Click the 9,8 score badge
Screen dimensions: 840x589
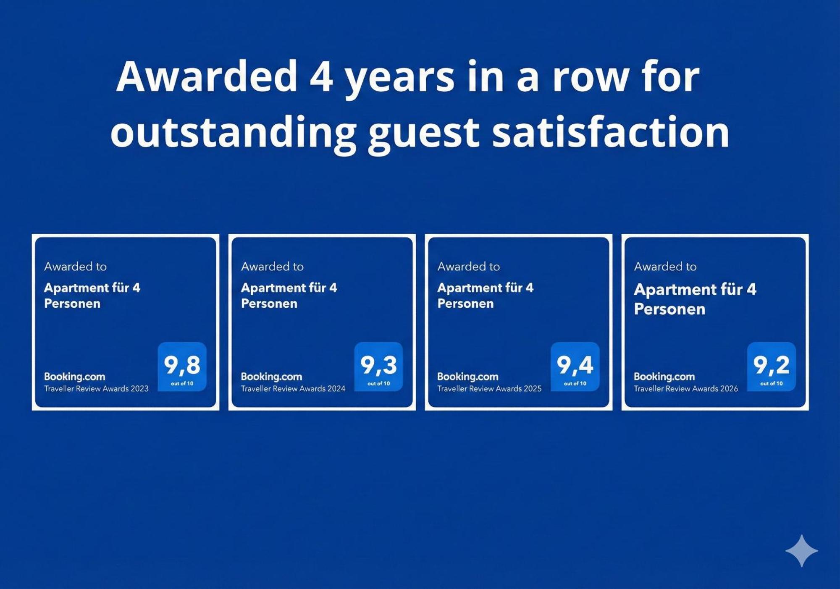point(182,366)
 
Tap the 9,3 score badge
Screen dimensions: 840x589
point(378,366)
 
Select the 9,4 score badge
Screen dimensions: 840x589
point(575,366)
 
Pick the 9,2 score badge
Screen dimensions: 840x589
point(771,366)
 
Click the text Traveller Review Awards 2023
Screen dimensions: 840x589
point(96,389)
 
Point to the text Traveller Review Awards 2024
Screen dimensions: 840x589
point(293,389)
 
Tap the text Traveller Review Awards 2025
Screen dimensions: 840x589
point(489,389)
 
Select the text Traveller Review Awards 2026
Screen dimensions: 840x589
point(686,389)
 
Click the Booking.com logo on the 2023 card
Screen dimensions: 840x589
point(74,377)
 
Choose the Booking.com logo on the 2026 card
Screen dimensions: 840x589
point(664,377)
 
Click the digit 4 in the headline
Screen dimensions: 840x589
point(321,76)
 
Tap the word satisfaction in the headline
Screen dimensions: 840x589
point(610,132)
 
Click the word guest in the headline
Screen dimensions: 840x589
point(423,135)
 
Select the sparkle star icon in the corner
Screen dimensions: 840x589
point(802,551)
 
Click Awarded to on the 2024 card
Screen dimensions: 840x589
point(272,267)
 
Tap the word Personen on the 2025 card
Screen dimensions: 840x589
point(465,304)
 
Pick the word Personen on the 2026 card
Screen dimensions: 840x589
point(669,309)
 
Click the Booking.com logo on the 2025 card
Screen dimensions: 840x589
point(467,377)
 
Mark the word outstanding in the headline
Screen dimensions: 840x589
point(233,135)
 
